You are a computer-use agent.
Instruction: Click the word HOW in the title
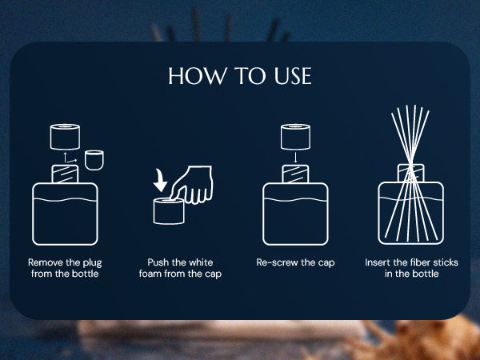pyautogui.click(x=198, y=76)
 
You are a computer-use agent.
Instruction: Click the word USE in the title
pyautogui.click(x=293, y=76)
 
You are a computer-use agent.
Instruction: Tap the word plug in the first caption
pyautogui.click(x=92, y=263)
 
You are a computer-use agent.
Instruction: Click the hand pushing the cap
pyautogui.click(x=193, y=185)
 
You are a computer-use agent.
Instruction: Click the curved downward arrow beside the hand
pyautogui.click(x=160, y=180)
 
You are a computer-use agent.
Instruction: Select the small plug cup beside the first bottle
pyautogui.click(x=94, y=160)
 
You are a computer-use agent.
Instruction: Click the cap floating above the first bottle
pyautogui.click(x=65, y=137)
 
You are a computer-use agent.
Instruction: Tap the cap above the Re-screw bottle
pyautogui.click(x=295, y=137)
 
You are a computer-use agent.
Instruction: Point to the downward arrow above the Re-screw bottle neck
pyautogui.click(x=295, y=157)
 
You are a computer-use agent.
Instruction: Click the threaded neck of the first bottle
pyautogui.click(x=65, y=174)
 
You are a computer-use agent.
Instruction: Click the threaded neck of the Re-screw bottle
pyautogui.click(x=295, y=174)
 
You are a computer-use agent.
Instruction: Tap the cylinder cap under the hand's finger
pyautogui.click(x=169, y=211)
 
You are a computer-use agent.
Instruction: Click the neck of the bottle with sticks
pyautogui.click(x=411, y=173)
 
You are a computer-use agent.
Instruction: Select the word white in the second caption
pyautogui.click(x=201, y=262)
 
